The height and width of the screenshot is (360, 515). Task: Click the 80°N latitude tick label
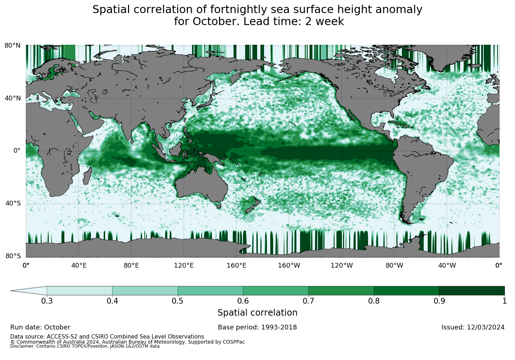coord(12,45)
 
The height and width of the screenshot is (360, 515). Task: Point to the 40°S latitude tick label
coord(13,203)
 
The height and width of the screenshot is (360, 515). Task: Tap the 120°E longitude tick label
coord(184,265)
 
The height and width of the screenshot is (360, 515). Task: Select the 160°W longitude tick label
coord(289,265)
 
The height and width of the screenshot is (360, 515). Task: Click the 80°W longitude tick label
coord(394,265)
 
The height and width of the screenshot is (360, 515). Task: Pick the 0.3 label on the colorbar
coord(47,301)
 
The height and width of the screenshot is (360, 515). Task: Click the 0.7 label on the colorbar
coord(308,301)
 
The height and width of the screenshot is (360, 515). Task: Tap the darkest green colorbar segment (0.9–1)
coord(472,291)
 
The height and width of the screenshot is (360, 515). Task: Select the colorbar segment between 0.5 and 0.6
coord(210,291)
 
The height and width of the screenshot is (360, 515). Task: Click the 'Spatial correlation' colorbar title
coord(257,313)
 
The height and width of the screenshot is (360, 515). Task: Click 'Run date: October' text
coord(40,327)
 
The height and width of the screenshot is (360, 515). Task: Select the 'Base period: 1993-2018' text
coord(257,327)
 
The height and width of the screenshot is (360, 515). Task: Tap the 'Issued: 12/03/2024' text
coord(473,327)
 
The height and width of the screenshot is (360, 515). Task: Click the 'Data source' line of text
coord(107,337)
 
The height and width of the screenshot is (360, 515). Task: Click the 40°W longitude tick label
coord(447,265)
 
